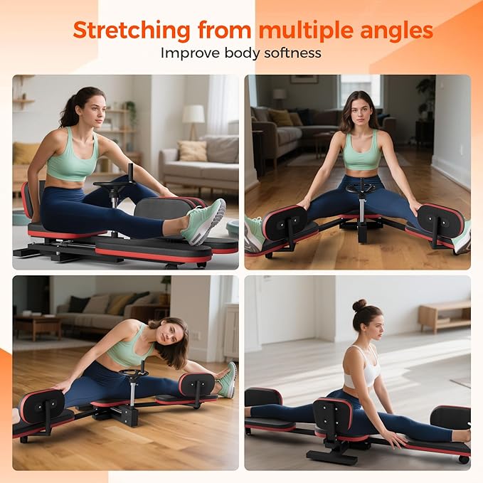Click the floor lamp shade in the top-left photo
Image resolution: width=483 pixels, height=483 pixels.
(x=193, y=113)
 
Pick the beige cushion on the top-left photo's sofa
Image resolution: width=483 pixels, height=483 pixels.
(x=192, y=150)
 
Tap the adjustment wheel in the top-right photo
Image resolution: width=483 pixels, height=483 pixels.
(x=361, y=189)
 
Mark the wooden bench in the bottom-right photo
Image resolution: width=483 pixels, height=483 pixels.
(x=443, y=314)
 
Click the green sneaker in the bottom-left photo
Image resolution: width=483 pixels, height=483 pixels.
(x=227, y=380)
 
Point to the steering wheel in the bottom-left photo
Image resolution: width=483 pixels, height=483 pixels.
(x=134, y=372)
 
